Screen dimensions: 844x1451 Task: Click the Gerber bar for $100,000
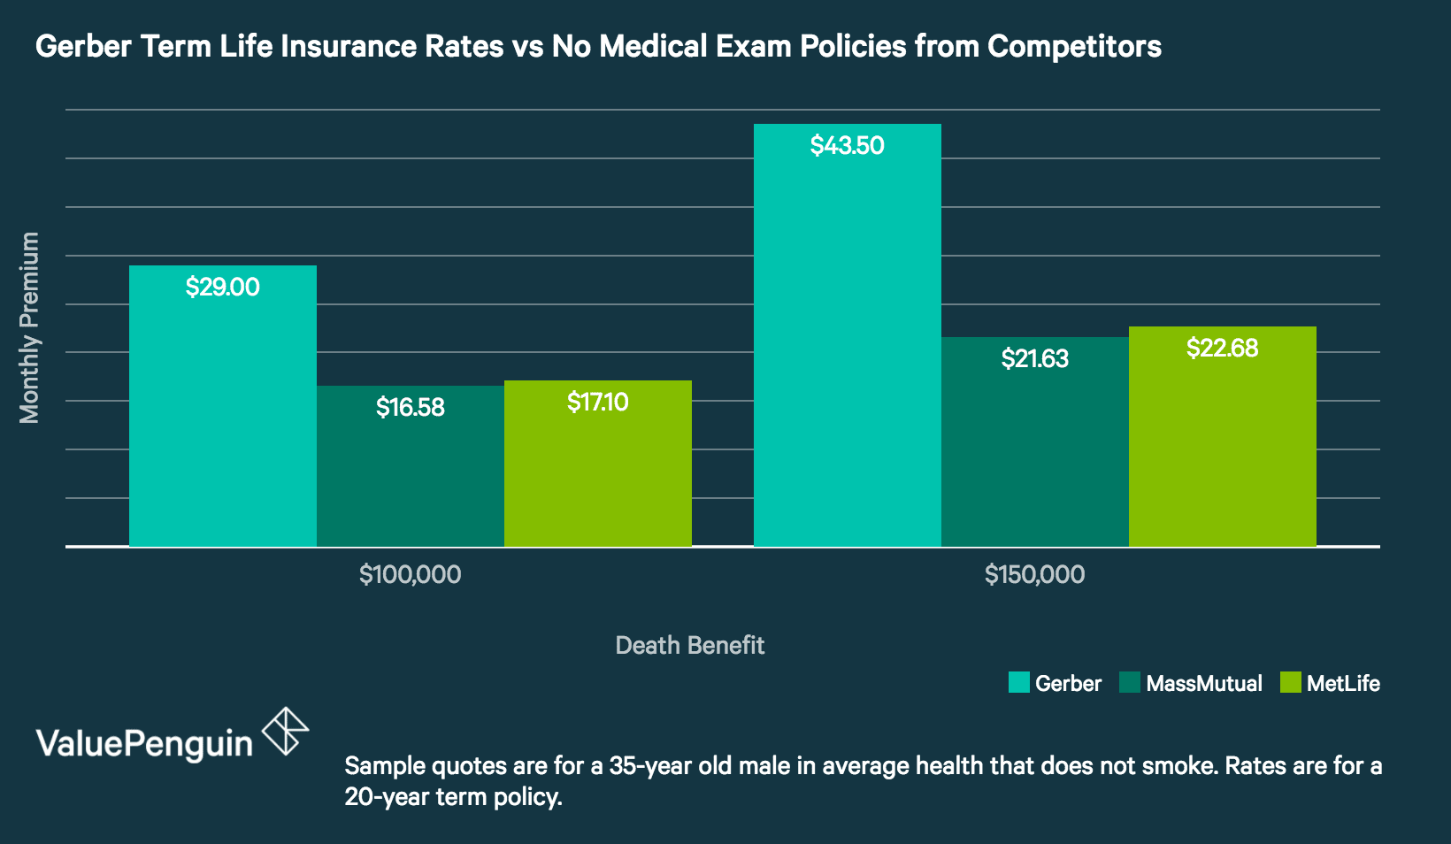point(223,416)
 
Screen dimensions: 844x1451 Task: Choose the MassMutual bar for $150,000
point(1035,451)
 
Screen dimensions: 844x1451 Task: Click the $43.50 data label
point(847,145)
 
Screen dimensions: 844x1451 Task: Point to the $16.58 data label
point(410,407)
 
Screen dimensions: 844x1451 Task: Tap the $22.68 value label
point(1222,348)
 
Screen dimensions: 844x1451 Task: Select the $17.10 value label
point(597,403)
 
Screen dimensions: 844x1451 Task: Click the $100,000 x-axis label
point(410,574)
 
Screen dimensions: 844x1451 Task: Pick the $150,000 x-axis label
point(1034,574)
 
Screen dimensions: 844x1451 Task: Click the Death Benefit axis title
point(689,645)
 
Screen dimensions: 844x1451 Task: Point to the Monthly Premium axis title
point(29,327)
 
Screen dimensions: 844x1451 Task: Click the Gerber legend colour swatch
point(1018,683)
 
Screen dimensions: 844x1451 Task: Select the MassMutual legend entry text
point(1203,683)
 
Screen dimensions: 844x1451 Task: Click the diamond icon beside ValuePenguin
point(286,731)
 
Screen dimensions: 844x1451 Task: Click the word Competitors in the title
point(1074,46)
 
